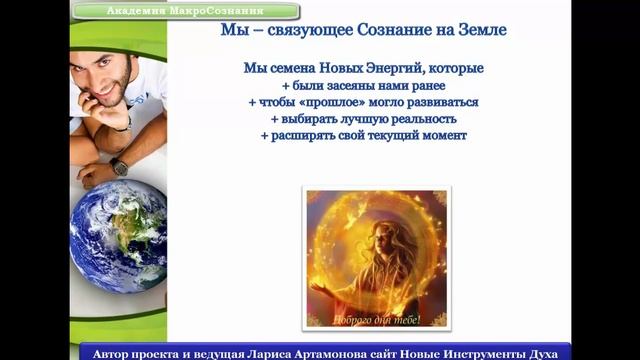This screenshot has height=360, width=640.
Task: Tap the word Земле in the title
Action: (x=480, y=31)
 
